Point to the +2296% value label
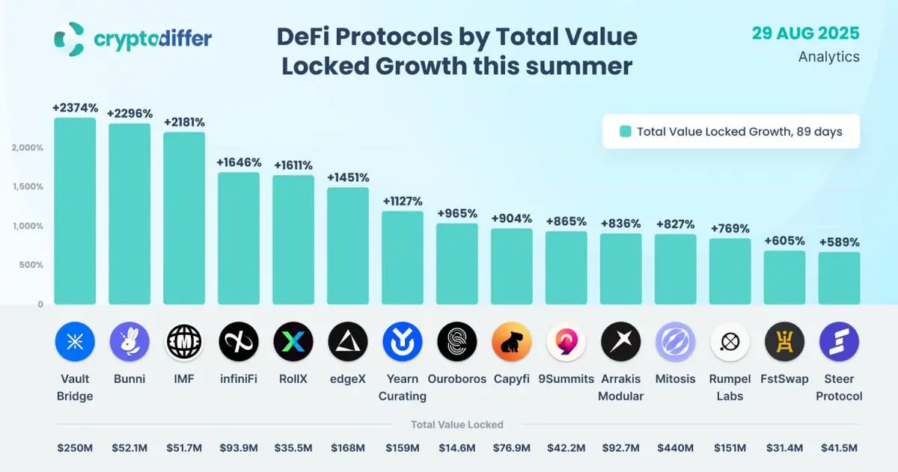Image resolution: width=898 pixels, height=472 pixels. click(129, 114)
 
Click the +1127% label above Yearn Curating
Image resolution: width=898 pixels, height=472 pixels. click(403, 201)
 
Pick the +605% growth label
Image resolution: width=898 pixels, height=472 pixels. click(784, 241)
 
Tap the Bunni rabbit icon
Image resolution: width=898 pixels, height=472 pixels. click(129, 343)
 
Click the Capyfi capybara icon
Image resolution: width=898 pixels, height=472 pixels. click(512, 343)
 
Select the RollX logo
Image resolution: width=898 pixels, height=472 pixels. click(293, 343)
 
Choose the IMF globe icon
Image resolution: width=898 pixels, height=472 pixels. click(184, 343)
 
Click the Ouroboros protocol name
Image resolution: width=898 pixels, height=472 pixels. click(457, 379)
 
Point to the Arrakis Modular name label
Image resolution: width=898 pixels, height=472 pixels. click(621, 387)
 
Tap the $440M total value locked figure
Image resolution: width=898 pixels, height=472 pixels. click(675, 448)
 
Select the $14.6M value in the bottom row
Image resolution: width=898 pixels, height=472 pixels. click(457, 448)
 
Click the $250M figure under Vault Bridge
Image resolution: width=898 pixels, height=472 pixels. click(75, 448)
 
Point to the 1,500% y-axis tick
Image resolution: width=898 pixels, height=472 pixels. click(28, 187)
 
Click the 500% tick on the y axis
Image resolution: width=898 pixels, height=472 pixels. click(31, 266)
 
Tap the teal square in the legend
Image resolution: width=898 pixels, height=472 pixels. click(625, 132)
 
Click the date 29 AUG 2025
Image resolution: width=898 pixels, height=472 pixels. click(806, 34)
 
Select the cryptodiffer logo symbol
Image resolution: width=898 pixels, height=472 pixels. click(69, 39)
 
